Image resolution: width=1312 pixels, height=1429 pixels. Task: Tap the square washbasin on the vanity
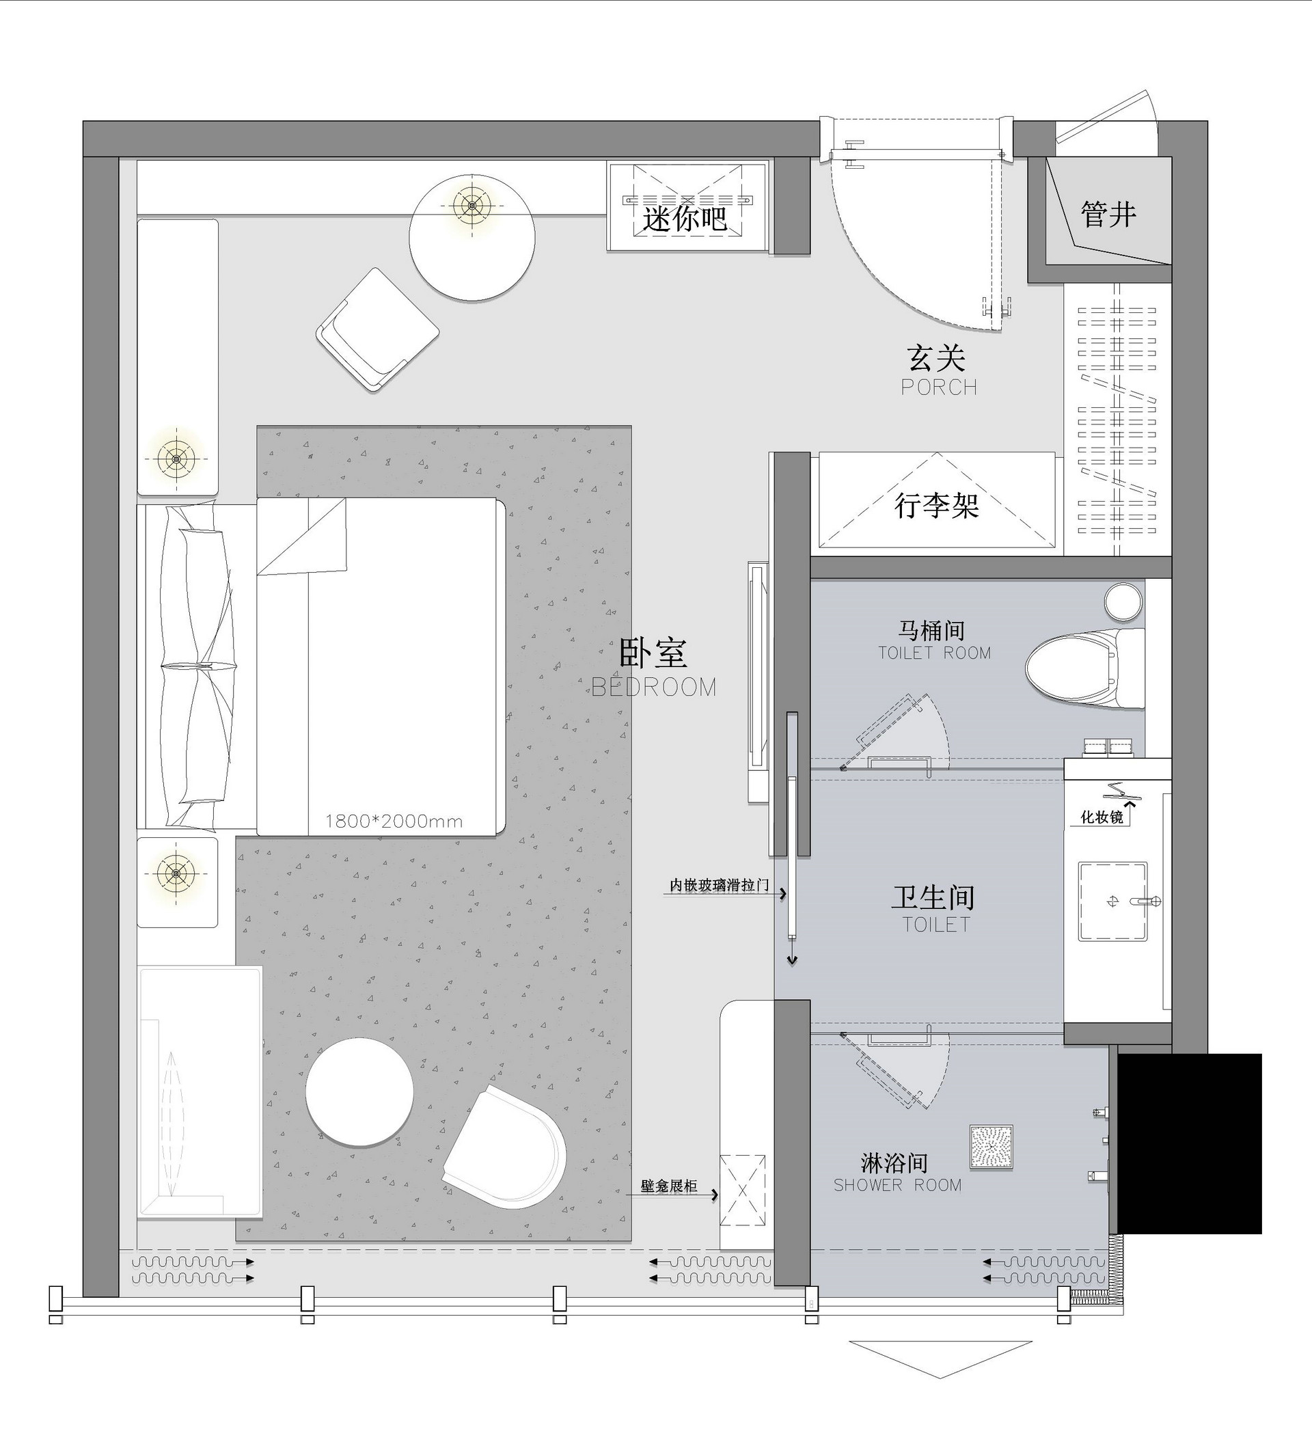(x=1112, y=901)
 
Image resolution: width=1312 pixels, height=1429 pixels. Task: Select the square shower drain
(x=991, y=1147)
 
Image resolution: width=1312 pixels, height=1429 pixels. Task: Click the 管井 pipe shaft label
(x=1108, y=214)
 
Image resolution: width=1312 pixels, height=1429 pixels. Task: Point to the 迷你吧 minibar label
(x=685, y=218)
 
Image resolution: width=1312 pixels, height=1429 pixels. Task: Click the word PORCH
(x=940, y=387)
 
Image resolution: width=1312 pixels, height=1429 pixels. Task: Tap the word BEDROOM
(x=654, y=688)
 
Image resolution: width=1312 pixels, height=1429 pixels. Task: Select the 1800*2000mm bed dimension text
(x=394, y=821)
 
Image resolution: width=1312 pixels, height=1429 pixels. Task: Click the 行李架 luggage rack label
(x=937, y=506)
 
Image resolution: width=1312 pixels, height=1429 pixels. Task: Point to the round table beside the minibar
(x=472, y=238)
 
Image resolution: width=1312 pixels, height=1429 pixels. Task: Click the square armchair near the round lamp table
(x=378, y=329)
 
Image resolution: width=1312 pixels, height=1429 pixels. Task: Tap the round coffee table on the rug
(x=359, y=1093)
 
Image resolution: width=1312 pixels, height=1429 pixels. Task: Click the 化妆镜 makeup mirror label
(x=1102, y=817)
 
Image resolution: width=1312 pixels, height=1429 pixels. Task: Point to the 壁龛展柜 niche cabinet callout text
(x=669, y=1186)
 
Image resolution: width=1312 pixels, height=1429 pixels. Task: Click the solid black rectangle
(x=1190, y=1143)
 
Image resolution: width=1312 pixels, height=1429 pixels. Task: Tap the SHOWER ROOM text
(x=897, y=1185)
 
